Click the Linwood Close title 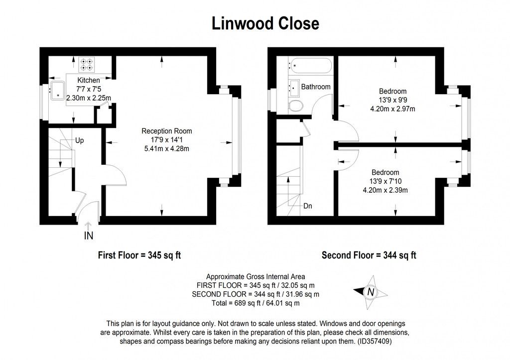pyautogui.click(x=265, y=23)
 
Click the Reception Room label pyautogui.click(x=166, y=131)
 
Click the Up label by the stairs pyautogui.click(x=79, y=140)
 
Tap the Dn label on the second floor pyautogui.click(x=308, y=205)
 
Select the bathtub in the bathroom pyautogui.click(x=309, y=64)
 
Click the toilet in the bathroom pyautogui.click(x=296, y=106)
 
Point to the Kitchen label pyautogui.click(x=88, y=80)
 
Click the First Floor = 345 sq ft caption pyautogui.click(x=138, y=255)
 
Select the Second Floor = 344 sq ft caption pyautogui.click(x=369, y=255)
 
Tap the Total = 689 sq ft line pyautogui.click(x=256, y=303)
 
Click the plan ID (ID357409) pyautogui.click(x=378, y=342)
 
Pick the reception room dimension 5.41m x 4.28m pyautogui.click(x=166, y=148)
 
